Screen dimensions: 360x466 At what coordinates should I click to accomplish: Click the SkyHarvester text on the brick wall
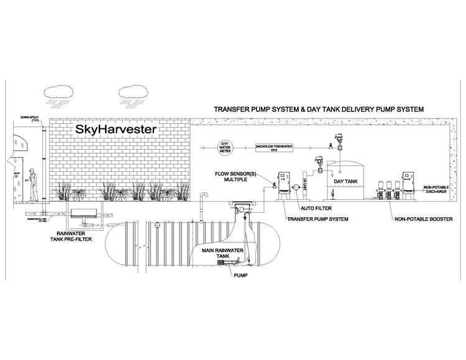(x=116, y=130)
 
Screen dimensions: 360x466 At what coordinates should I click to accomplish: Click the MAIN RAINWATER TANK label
(x=219, y=254)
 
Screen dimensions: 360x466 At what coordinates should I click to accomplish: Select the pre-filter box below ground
(x=87, y=214)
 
